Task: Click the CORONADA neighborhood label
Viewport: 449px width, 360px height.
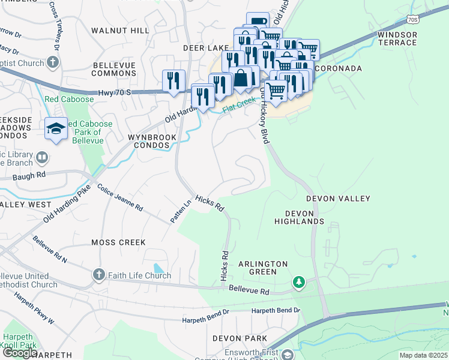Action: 338,68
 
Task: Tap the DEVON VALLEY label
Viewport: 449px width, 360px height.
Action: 338,198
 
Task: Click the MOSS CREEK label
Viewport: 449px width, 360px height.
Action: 118,242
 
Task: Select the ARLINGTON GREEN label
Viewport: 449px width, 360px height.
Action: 263,268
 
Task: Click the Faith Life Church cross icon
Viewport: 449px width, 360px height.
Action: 99,275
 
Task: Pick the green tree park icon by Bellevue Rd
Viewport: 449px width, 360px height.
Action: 298,281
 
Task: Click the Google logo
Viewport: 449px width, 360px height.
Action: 20,353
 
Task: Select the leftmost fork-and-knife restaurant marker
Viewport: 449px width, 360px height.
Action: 174,81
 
